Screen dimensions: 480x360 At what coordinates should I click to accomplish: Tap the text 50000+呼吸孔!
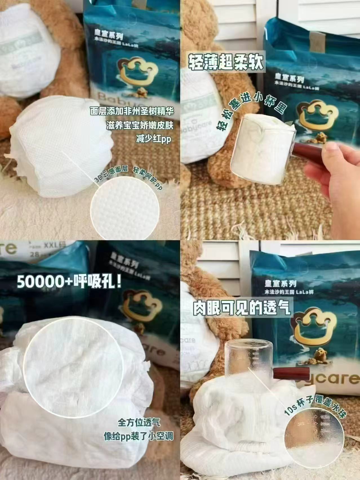pos(69,282)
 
